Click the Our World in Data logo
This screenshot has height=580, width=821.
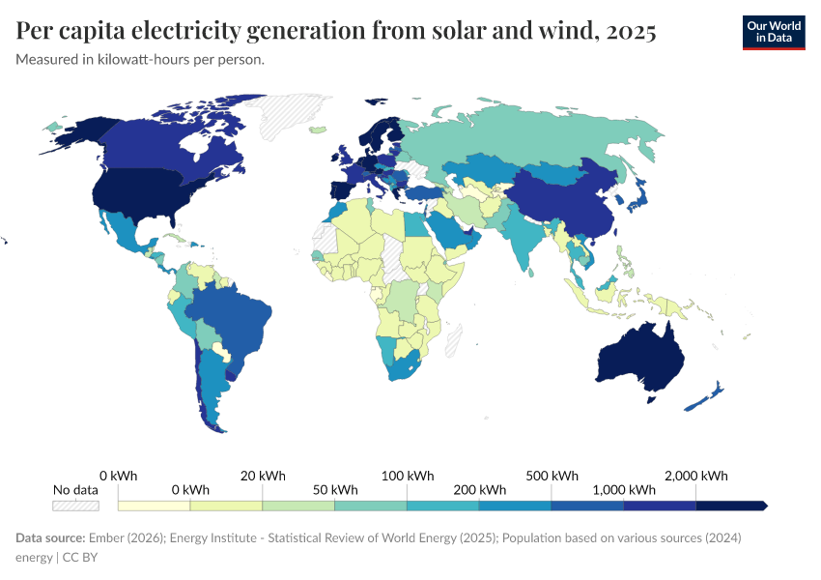[773, 32]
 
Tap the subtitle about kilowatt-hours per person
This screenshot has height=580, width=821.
[140, 60]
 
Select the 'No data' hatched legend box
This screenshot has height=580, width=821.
[75, 505]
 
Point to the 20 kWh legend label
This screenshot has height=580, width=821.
[263, 476]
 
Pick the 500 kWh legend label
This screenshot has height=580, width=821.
[552, 476]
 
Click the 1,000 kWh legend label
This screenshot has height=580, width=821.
[624, 490]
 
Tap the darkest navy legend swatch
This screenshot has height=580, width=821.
[730, 505]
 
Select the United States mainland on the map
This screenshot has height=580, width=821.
[145, 193]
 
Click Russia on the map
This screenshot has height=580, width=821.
[541, 135]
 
